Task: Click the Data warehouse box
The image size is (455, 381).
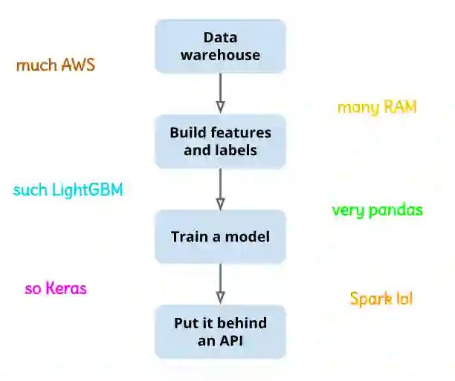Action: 220,46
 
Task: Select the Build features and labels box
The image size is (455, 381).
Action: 220,141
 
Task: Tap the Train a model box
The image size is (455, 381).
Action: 220,237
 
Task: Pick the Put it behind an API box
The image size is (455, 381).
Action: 220,332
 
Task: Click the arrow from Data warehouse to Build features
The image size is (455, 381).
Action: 220,93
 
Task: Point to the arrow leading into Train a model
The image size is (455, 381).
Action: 220,189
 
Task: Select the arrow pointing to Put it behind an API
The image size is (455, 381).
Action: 220,284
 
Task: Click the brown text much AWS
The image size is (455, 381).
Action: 56,65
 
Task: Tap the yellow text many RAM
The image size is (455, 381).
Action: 377,107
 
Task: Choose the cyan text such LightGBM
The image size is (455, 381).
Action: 68,190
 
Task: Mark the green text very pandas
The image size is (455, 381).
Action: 377,210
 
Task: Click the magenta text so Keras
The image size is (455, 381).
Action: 56,288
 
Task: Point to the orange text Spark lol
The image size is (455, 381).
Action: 381,299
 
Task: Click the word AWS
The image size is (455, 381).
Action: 78,65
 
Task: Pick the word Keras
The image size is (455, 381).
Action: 66,288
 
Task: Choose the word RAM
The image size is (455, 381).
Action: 400,107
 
